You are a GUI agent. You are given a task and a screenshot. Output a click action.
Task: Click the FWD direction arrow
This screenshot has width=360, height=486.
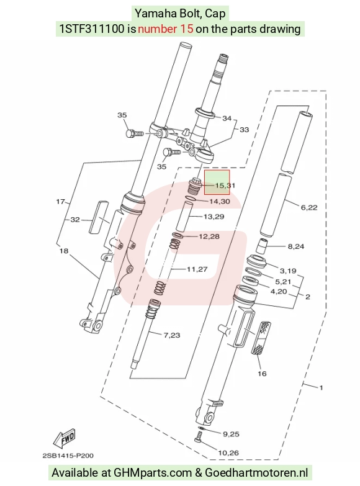(65, 439)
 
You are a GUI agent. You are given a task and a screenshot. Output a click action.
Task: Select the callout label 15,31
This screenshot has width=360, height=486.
(225, 186)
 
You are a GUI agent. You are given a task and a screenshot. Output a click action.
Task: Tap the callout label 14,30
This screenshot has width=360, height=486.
(220, 202)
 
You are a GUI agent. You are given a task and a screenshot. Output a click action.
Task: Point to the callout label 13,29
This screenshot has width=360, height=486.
(214, 217)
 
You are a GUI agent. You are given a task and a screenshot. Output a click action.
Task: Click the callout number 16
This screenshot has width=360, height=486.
(262, 374)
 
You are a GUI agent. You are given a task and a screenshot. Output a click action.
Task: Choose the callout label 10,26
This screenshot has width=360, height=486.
(228, 453)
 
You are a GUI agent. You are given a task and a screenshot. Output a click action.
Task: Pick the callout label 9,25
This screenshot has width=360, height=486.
(231, 434)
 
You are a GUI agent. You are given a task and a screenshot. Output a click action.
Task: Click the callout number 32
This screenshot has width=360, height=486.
(75, 220)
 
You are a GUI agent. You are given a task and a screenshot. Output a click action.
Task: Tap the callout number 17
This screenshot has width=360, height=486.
(60, 202)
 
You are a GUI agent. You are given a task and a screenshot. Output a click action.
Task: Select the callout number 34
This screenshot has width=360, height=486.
(227, 118)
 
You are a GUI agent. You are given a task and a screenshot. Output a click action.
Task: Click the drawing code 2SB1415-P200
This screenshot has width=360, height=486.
(68, 456)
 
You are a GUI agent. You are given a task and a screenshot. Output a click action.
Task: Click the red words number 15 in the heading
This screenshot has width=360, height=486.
(166, 29)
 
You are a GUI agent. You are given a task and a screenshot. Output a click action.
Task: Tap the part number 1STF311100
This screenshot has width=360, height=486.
(92, 29)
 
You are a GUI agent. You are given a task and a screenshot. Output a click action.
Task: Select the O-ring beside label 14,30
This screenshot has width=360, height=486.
(191, 199)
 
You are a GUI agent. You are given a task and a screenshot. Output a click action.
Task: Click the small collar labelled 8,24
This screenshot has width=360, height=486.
(262, 246)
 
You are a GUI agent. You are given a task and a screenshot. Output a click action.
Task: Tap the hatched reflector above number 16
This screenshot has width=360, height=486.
(263, 338)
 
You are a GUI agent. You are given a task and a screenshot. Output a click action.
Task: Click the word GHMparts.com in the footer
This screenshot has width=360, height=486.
(153, 473)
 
